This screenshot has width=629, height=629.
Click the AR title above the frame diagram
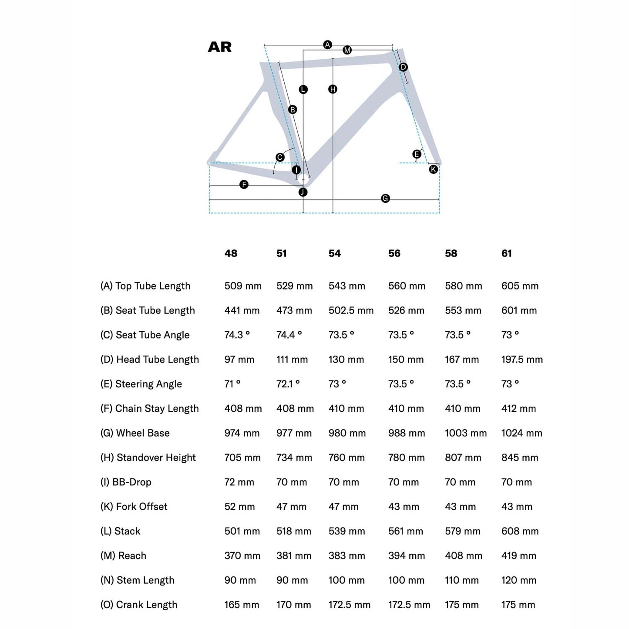pyautogui.click(x=220, y=47)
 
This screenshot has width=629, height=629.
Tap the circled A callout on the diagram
pyautogui.click(x=328, y=44)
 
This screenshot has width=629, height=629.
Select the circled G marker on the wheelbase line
pyautogui.click(x=385, y=198)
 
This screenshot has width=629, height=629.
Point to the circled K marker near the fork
pyautogui.click(x=434, y=169)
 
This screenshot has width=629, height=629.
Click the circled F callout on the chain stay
pyautogui.click(x=244, y=185)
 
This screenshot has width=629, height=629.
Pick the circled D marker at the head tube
pyautogui.click(x=403, y=67)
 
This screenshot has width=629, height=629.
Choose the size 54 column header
pyautogui.click(x=335, y=253)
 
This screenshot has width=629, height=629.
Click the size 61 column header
pyautogui.click(x=507, y=253)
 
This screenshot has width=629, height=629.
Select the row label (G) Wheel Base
pyautogui.click(x=135, y=433)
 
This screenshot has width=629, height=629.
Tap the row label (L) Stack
pyautogui.click(x=121, y=531)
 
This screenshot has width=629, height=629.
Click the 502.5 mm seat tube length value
pyautogui.click(x=351, y=310)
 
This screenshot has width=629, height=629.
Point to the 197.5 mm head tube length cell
pyautogui.click(x=522, y=360)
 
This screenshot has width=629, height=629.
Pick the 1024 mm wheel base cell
pyautogui.click(x=521, y=433)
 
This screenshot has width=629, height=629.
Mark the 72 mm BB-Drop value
pyautogui.click(x=239, y=482)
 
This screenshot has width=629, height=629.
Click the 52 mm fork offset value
pyautogui.click(x=239, y=507)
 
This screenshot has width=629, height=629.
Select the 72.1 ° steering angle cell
pyautogui.click(x=288, y=384)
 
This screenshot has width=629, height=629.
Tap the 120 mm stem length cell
pyautogui.click(x=518, y=580)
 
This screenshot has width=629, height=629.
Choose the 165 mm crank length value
pyautogui.click(x=242, y=605)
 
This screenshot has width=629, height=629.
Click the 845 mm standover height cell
pyautogui.click(x=520, y=457)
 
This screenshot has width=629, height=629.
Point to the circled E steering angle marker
pyautogui.click(x=417, y=154)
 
